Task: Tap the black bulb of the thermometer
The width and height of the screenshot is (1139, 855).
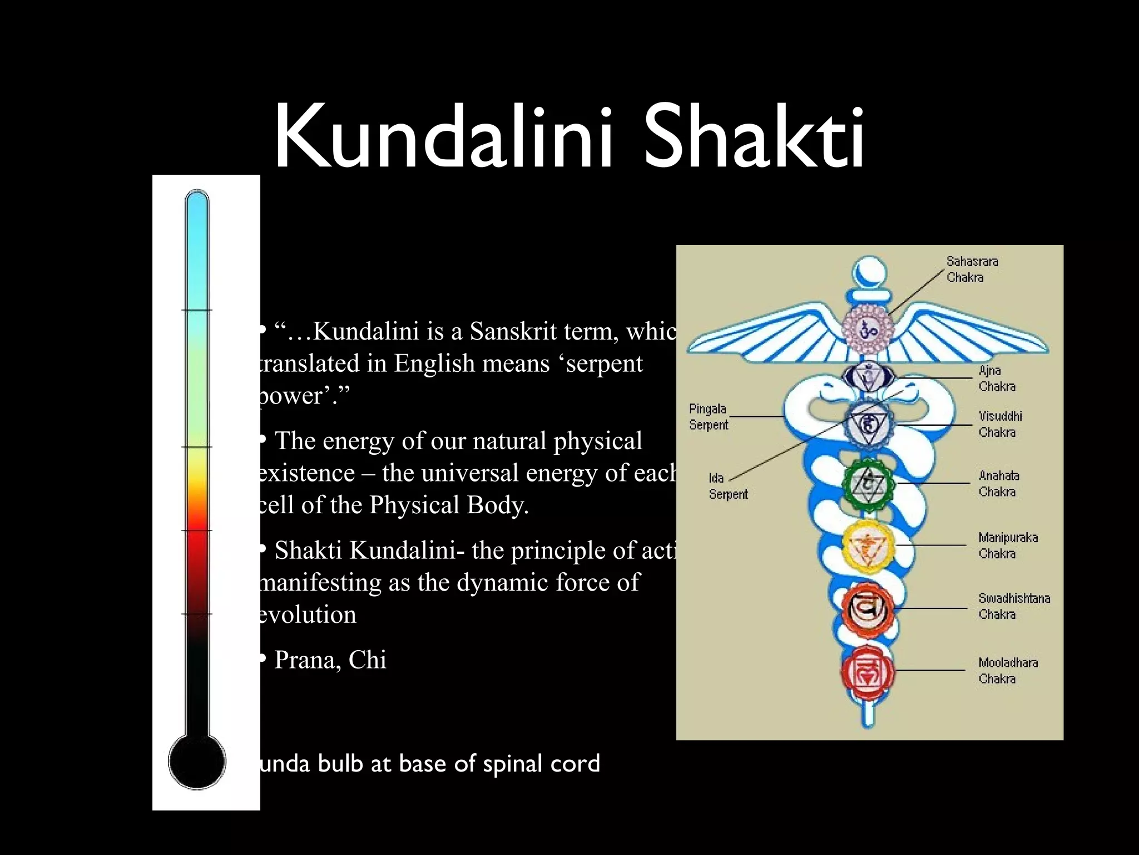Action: click(197, 761)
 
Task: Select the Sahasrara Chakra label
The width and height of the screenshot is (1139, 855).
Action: click(972, 269)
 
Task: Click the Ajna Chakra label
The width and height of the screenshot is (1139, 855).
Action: click(997, 379)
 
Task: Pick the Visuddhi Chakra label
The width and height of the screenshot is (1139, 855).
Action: click(1000, 424)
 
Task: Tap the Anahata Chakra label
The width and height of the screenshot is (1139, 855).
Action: click(999, 484)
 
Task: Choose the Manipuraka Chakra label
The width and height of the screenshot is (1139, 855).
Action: click(1008, 546)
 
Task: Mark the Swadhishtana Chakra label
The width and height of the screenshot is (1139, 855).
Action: click(1014, 606)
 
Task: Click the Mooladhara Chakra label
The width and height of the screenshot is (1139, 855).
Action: click(1008, 671)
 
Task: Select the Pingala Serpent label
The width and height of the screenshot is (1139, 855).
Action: click(708, 417)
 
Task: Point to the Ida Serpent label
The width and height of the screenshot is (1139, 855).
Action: click(727, 486)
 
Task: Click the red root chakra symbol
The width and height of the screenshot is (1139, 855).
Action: click(867, 672)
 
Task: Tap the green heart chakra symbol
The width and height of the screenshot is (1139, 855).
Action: click(868, 483)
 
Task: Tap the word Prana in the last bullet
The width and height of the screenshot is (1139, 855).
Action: click(307, 660)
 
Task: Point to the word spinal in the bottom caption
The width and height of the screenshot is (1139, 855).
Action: click(513, 764)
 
